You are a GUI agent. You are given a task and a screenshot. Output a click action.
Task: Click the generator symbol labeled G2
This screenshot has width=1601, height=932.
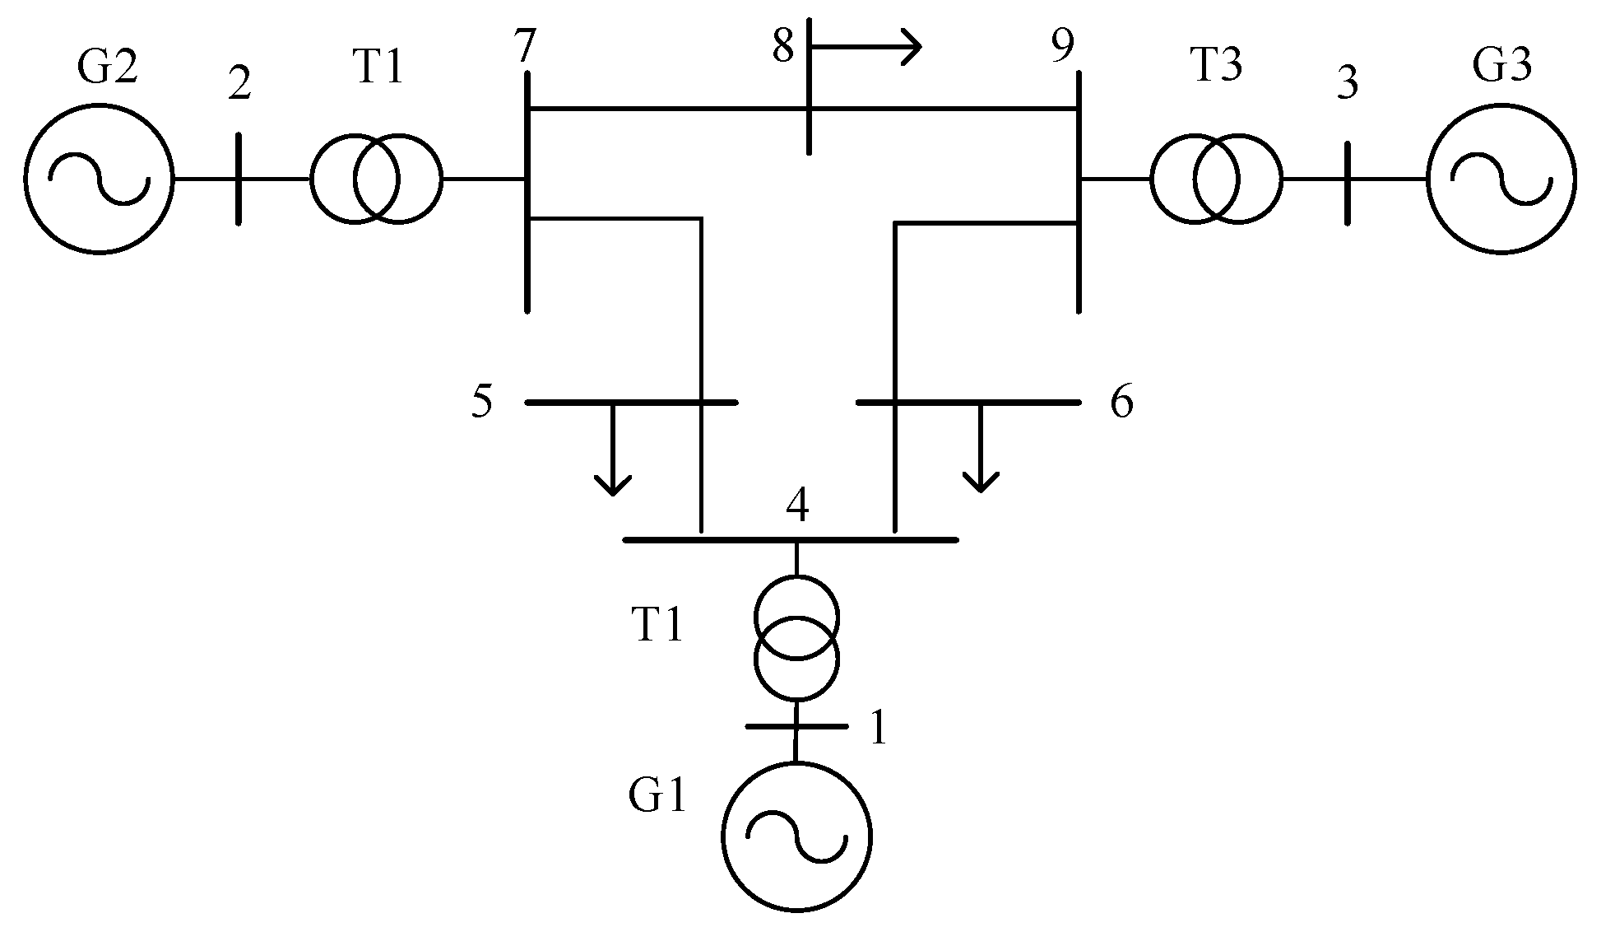[x=99, y=178]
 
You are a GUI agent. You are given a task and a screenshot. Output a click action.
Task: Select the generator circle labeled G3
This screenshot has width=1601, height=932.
[x=1501, y=178]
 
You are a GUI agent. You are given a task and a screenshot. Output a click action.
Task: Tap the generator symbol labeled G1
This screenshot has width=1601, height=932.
[x=796, y=836]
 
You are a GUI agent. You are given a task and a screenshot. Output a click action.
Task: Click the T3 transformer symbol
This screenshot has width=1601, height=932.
[x=1216, y=179]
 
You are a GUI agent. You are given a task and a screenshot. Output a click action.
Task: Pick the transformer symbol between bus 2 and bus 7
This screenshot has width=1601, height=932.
[x=376, y=178]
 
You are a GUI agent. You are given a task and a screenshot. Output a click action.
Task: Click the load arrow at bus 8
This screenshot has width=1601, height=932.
[x=868, y=46]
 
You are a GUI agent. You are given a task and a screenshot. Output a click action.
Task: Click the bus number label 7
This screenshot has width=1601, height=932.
[x=527, y=48]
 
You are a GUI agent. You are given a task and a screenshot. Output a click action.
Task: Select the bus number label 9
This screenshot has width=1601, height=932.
[x=1063, y=47]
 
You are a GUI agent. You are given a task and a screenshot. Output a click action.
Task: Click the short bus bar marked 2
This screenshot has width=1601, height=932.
[x=239, y=178]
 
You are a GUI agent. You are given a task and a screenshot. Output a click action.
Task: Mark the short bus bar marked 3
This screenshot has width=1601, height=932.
[x=1347, y=182]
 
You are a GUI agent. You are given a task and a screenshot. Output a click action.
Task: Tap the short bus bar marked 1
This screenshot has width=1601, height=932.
[x=796, y=726]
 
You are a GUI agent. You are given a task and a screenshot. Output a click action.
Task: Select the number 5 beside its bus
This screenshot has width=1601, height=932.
[x=482, y=402]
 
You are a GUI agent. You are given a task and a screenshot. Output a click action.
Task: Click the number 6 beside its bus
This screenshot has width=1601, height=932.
[x=1121, y=403]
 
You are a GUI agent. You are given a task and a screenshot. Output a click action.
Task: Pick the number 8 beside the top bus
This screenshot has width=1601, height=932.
[x=782, y=46]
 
